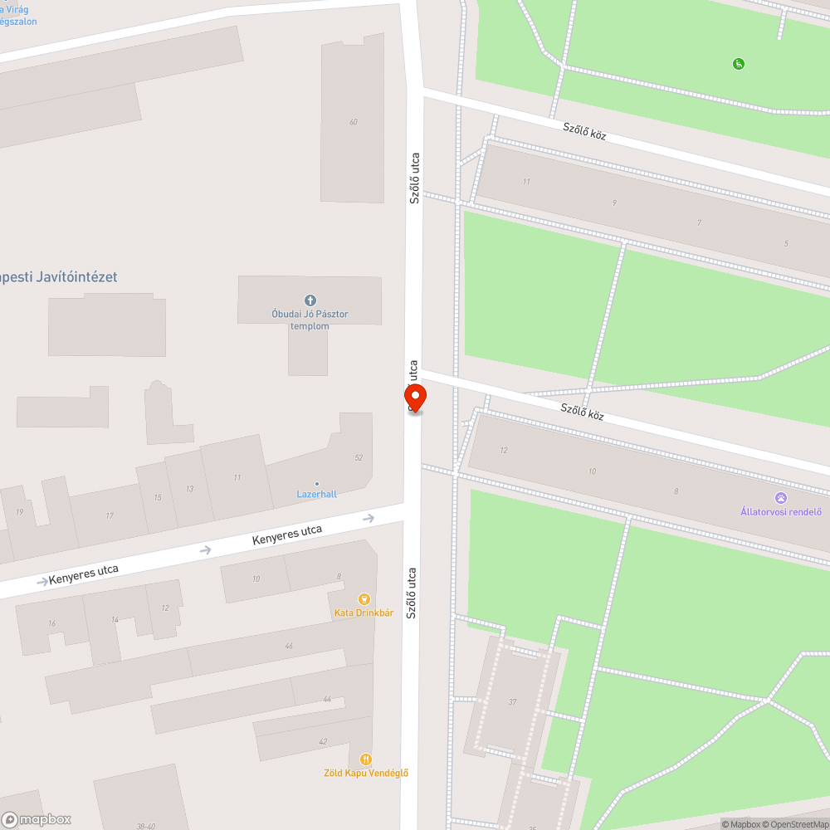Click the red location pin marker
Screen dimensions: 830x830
point(415,397)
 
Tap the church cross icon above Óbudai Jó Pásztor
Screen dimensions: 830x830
point(310,300)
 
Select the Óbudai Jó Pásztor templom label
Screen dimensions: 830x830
point(310,320)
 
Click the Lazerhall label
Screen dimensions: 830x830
point(317,494)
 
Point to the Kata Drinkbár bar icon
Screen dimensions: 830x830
point(363,598)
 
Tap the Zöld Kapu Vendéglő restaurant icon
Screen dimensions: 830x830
point(365,759)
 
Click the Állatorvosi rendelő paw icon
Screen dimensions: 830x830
point(781,497)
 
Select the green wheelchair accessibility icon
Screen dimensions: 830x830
point(738,64)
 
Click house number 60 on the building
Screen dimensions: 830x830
point(354,122)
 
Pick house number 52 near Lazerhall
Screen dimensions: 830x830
point(359,457)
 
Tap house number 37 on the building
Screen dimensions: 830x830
point(512,702)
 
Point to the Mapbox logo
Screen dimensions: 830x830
point(37,819)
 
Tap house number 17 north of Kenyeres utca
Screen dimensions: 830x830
point(110,516)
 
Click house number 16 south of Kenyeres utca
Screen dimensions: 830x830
point(51,623)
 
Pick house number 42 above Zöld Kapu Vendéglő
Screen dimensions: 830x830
point(323,741)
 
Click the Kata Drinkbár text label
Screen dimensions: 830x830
point(364,613)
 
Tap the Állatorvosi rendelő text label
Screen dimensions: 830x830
point(781,511)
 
